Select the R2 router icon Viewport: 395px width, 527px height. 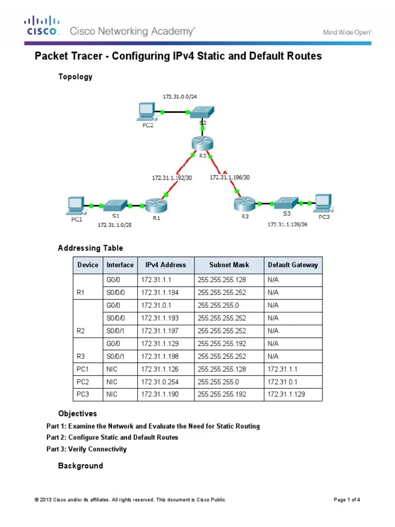(199, 143)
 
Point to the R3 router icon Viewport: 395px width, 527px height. (243, 204)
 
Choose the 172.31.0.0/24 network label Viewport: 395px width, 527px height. (178, 97)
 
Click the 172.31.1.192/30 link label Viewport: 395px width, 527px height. (171, 178)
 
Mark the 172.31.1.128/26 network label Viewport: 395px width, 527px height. (287, 224)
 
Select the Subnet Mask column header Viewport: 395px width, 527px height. (229, 265)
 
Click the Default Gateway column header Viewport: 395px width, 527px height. (293, 265)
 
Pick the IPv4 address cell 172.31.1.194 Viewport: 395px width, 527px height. (158, 292)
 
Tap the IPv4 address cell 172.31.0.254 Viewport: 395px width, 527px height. (158, 382)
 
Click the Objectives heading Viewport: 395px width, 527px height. (77, 414)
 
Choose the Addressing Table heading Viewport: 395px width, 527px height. (90, 248)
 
